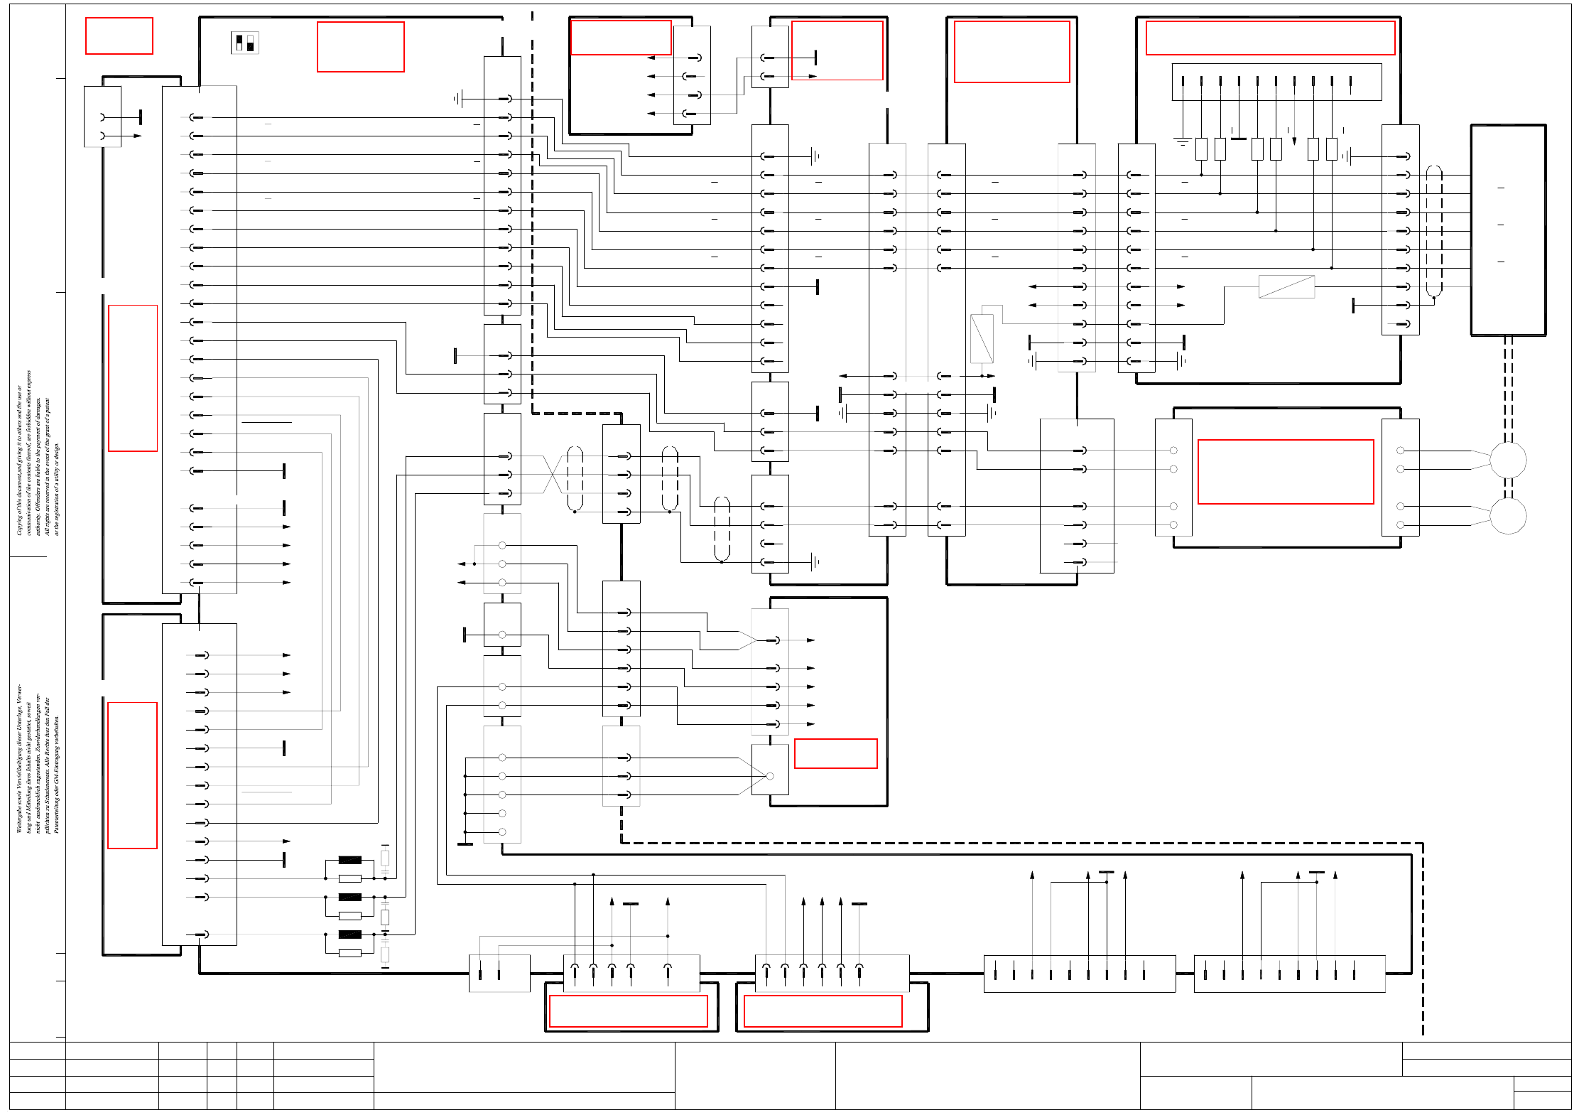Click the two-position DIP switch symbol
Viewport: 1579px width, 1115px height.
click(244, 43)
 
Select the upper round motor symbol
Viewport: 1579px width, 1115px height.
click(1507, 460)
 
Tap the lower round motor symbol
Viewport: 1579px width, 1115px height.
click(1507, 516)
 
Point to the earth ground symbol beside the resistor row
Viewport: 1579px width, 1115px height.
click(1182, 142)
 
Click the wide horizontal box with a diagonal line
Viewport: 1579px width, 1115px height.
click(1286, 286)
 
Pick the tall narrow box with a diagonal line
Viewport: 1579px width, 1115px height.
click(982, 338)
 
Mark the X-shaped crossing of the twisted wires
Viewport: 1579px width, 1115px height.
click(553, 475)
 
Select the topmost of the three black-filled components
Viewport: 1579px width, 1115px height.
click(349, 860)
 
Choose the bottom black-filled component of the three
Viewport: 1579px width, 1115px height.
click(349, 934)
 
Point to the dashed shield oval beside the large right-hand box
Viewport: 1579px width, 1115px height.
click(1434, 231)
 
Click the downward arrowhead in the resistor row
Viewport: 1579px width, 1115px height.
click(1294, 141)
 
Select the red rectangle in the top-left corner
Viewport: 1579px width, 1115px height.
click(119, 36)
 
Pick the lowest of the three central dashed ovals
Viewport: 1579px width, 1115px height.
click(722, 528)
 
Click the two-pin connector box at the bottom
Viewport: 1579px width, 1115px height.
click(499, 973)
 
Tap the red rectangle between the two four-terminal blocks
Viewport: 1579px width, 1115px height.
click(1286, 472)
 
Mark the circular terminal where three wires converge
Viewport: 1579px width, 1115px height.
click(770, 776)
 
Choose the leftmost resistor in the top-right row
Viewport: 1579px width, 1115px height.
click(1201, 149)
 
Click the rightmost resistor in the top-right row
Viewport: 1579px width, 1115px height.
click(1331, 149)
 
